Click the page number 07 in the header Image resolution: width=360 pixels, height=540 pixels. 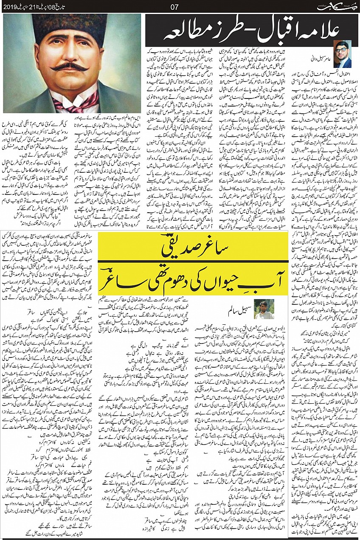[x=173, y=6]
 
